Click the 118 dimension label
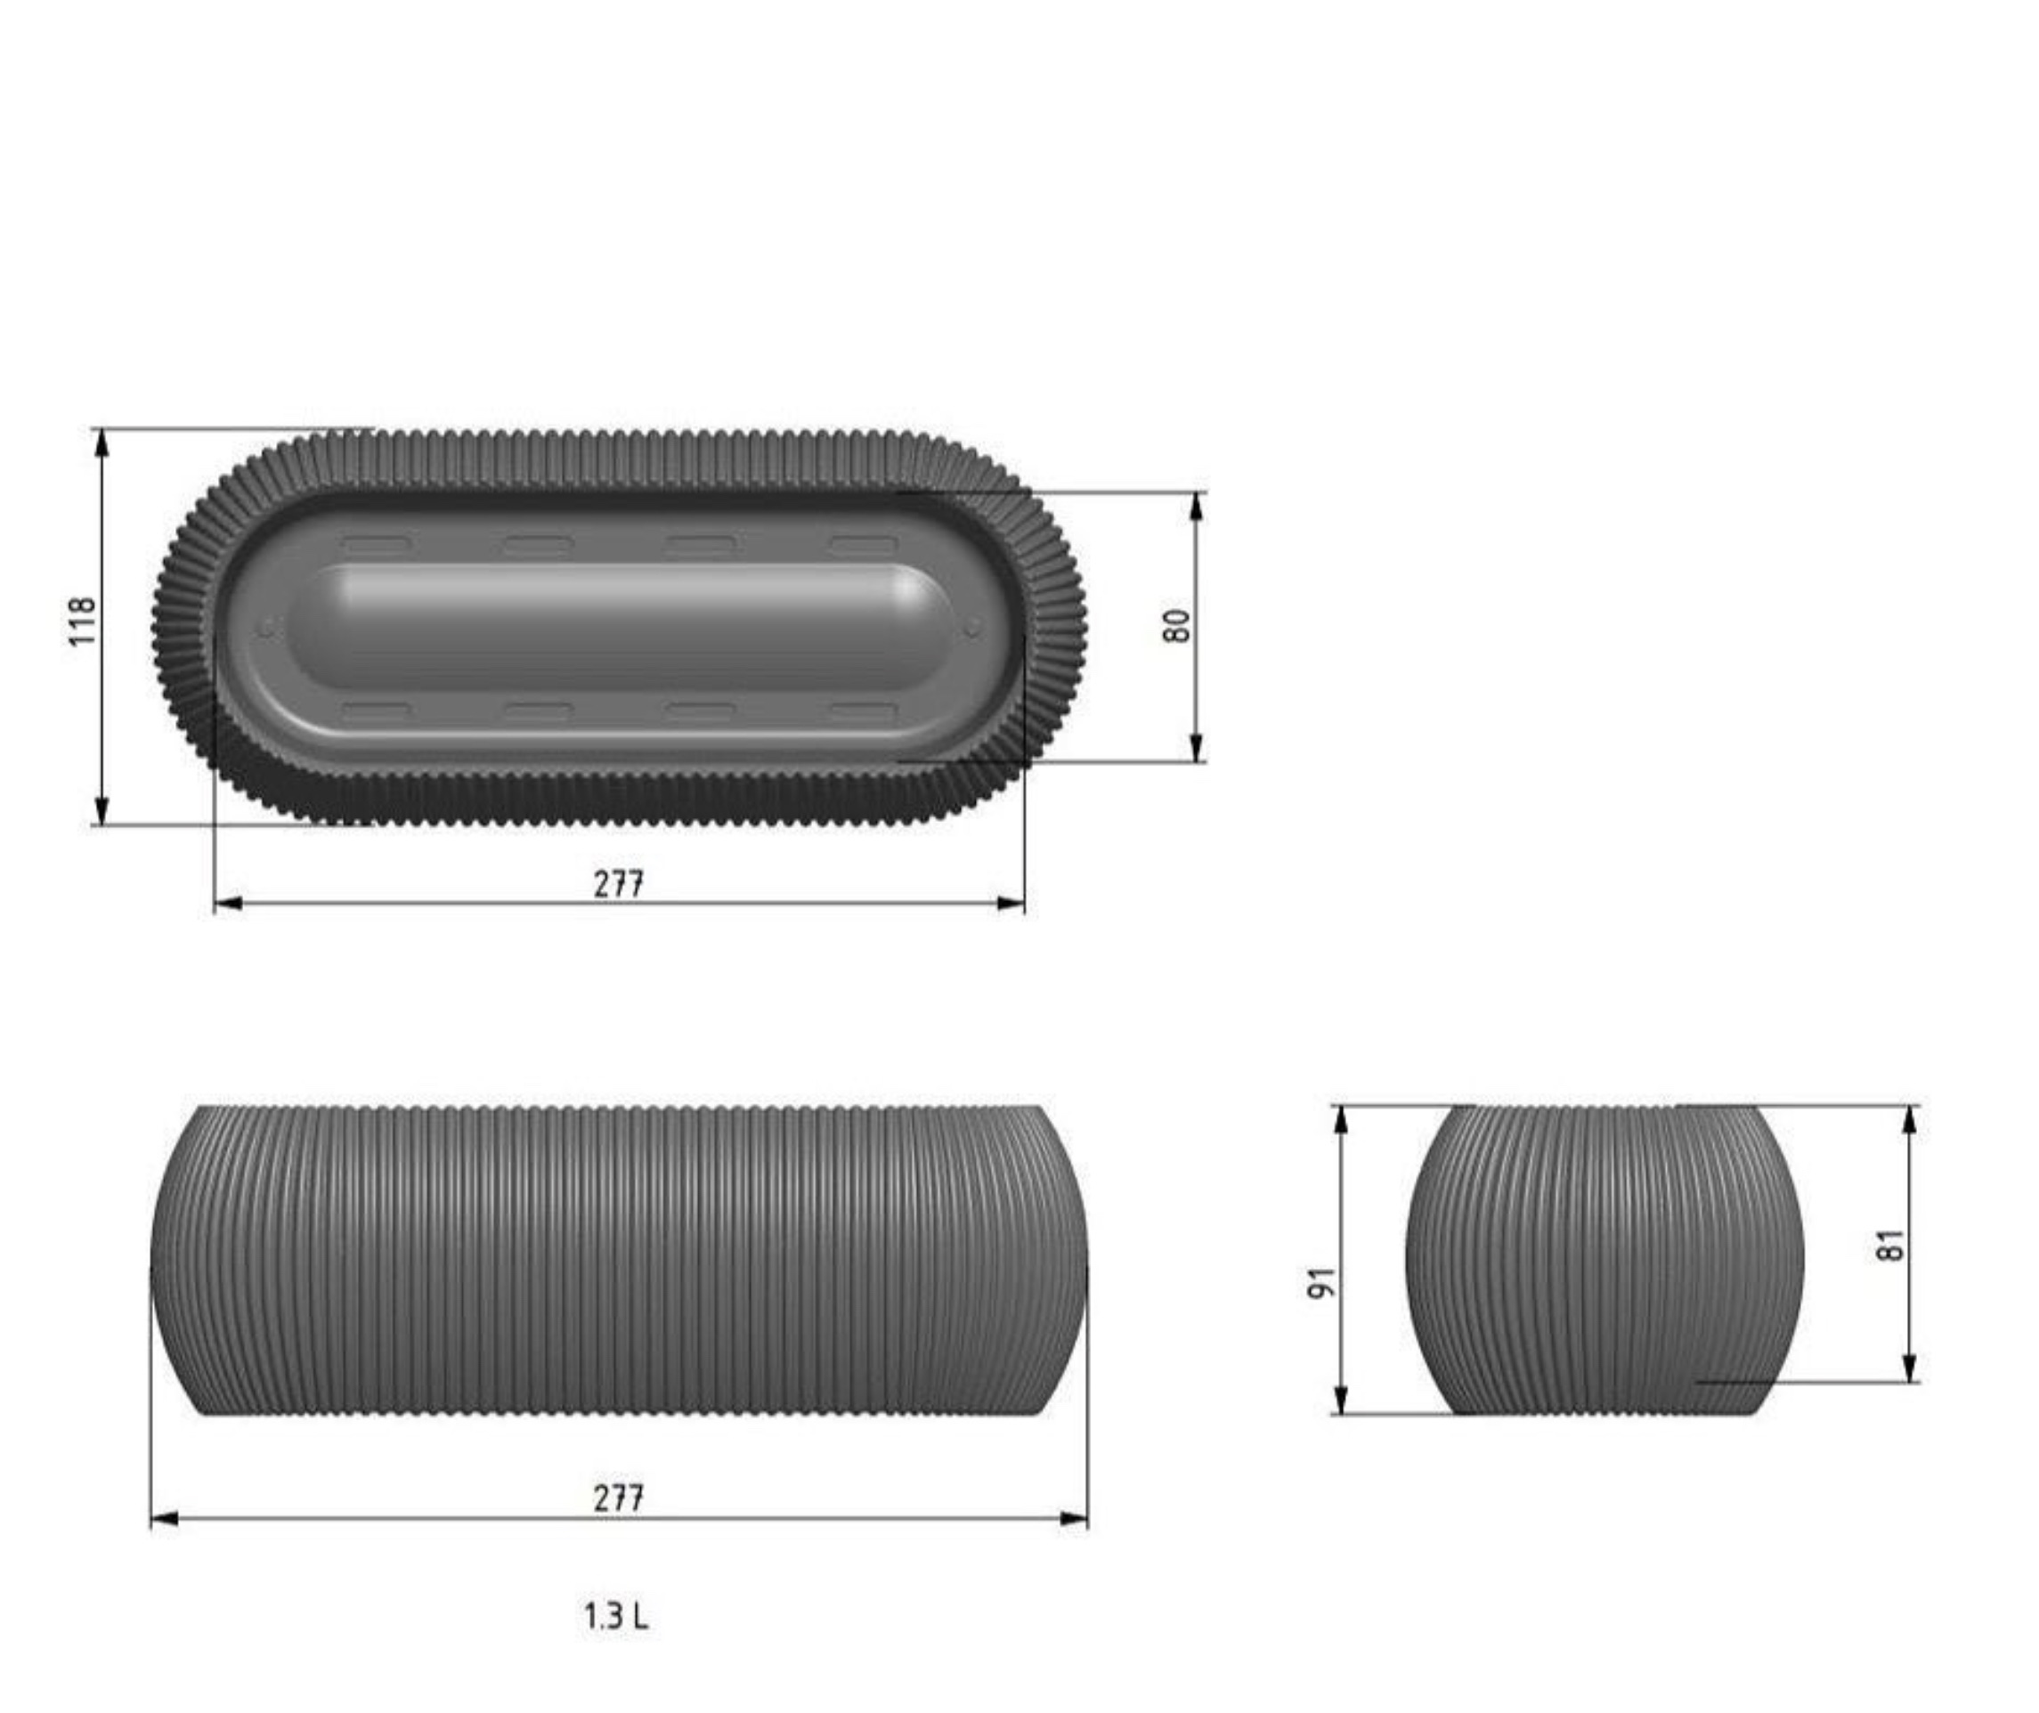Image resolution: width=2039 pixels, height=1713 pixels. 85,621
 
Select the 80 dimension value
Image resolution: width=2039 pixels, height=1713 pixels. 1176,625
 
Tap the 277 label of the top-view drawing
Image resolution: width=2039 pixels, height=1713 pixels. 619,884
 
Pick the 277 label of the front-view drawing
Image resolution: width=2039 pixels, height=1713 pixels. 619,1498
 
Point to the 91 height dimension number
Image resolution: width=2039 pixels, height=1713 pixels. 1322,1282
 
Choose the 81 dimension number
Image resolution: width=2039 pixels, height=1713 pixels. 1890,1245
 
